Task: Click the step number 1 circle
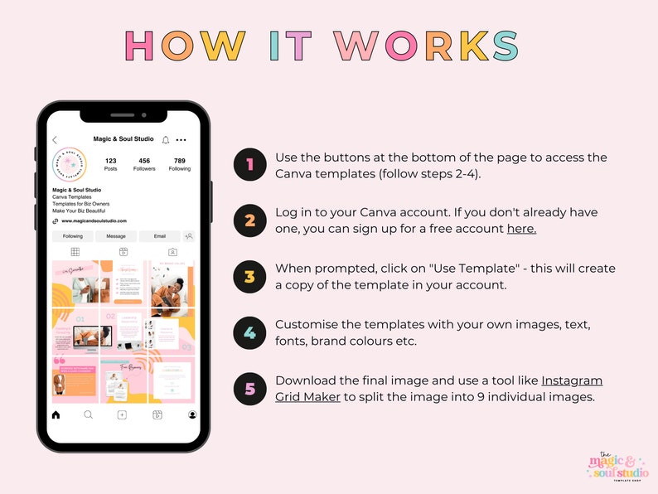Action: pos(249,164)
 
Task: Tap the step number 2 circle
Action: pos(249,220)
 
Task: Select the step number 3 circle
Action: pos(249,276)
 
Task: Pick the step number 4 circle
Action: pos(249,332)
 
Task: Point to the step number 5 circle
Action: pos(249,388)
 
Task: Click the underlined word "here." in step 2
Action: pos(521,229)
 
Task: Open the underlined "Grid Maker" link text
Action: pos(309,396)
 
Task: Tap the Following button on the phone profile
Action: pos(73,236)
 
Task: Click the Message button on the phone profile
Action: pos(116,236)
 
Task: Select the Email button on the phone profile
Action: pos(159,236)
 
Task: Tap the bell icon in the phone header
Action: pos(166,140)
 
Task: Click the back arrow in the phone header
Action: pos(56,140)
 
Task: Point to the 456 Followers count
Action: pos(144,164)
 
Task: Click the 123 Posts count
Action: pos(110,164)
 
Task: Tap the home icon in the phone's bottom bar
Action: pos(56,414)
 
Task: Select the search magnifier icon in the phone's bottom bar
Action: pos(89,414)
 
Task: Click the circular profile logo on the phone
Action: pos(70,165)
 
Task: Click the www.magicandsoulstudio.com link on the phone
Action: pos(94,221)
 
